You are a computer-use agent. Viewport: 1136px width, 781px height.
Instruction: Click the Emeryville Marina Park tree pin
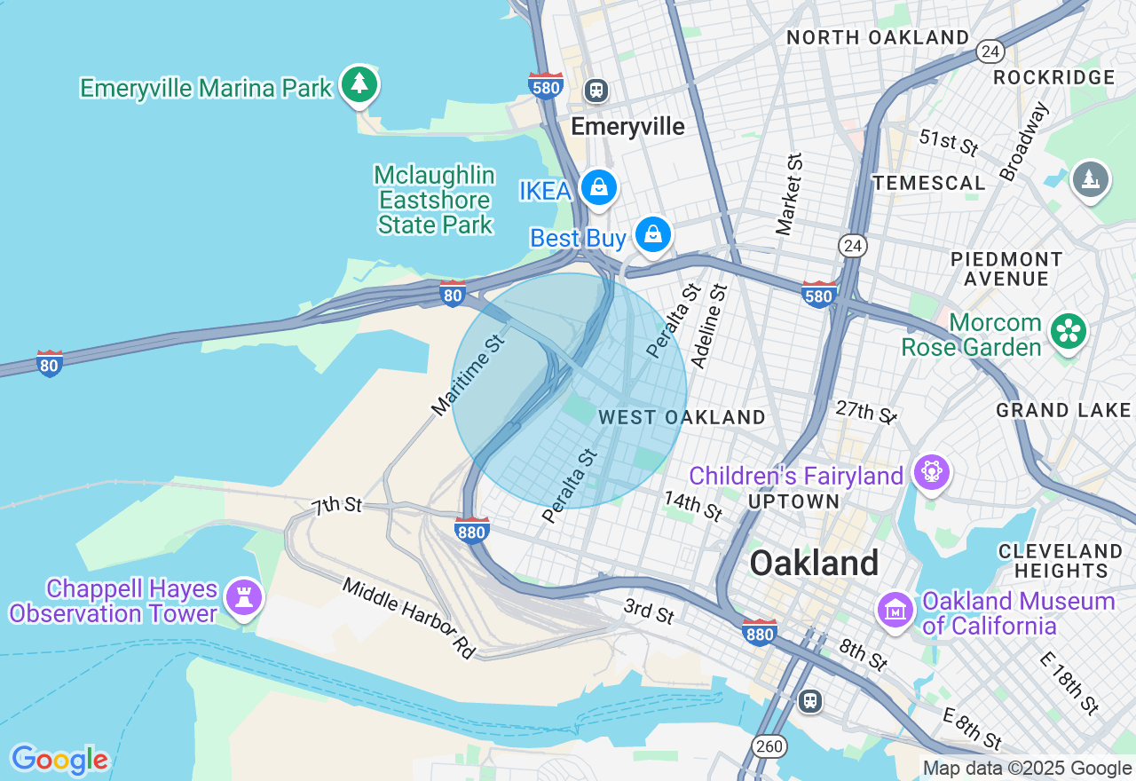coord(359,84)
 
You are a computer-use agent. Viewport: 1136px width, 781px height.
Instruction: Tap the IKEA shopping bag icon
coord(599,187)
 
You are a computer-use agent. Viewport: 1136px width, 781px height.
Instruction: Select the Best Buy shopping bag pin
coord(653,234)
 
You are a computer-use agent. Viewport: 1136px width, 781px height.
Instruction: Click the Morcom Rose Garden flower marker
coord(1069,332)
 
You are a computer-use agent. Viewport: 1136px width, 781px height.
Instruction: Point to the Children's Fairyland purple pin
coord(932,471)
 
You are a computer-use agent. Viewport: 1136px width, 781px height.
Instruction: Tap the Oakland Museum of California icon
coord(895,610)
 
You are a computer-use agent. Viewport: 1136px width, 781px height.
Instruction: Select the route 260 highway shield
coord(769,746)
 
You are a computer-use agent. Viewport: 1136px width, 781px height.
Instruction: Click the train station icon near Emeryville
coord(596,90)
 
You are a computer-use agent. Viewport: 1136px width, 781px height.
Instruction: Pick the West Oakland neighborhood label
coord(682,417)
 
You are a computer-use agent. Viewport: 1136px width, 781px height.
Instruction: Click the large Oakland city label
coord(814,564)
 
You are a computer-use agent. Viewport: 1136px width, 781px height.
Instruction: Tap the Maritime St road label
coord(468,375)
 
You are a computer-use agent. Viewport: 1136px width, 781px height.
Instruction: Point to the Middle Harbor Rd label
coord(409,618)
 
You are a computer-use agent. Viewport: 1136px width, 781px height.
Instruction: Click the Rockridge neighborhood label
coord(1053,77)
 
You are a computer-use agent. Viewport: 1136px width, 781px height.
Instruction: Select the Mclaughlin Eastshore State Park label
coord(434,200)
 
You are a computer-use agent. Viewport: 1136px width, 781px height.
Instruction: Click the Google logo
coord(59,760)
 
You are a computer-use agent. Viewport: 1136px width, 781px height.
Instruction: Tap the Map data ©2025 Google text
coord(1027,769)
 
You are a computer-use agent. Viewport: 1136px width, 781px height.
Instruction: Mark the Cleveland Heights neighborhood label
coord(1061,560)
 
